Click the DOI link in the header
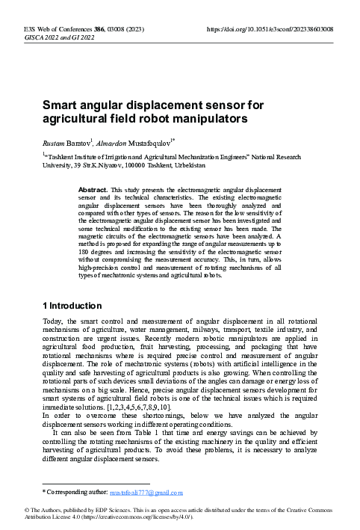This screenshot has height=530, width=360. pos(269,28)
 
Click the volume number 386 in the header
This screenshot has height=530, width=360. pos(100,28)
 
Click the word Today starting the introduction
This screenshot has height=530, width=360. pos(54,321)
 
